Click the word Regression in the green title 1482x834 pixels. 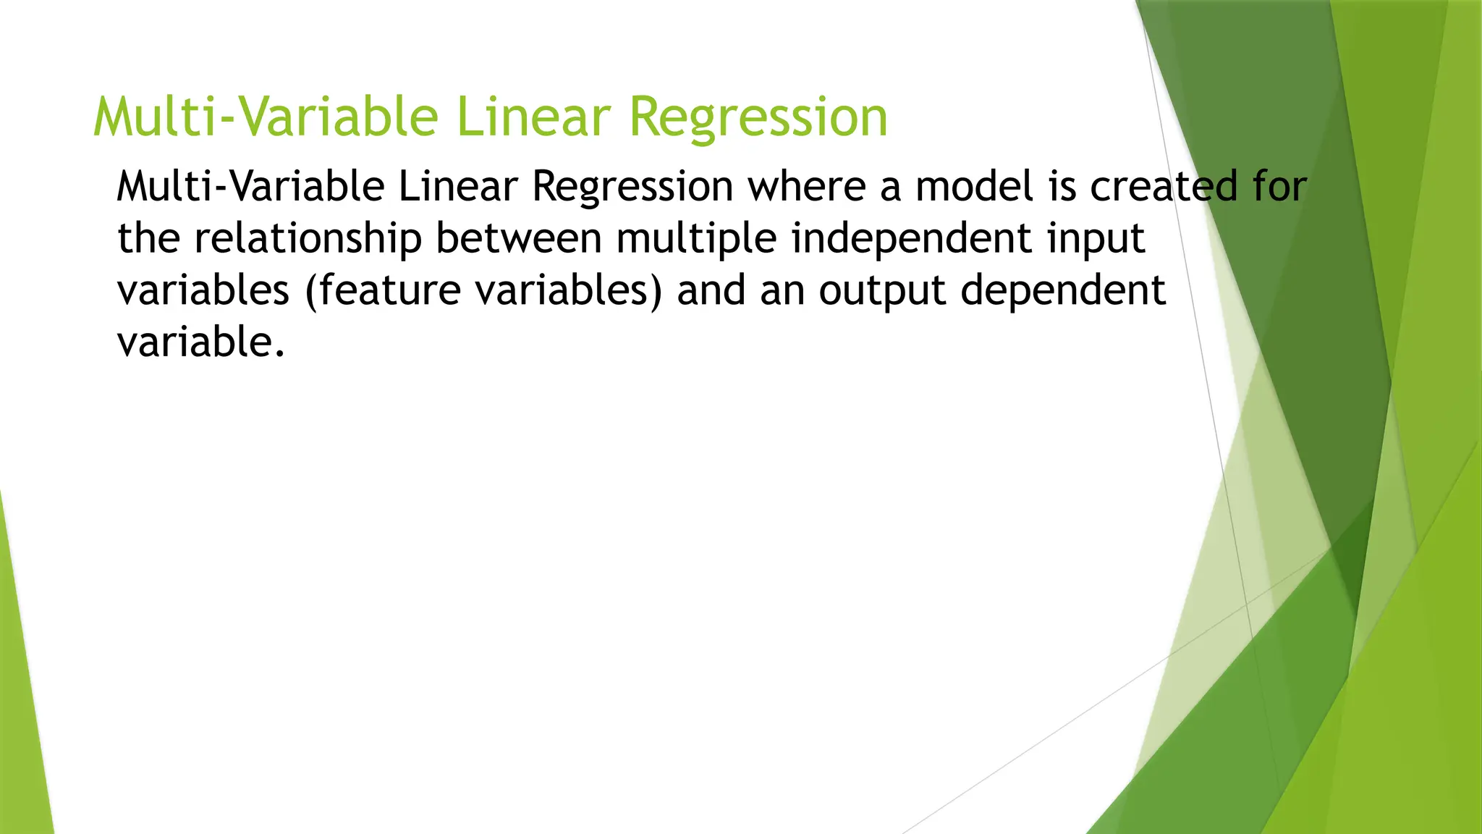click(758, 117)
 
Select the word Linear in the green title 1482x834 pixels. click(534, 117)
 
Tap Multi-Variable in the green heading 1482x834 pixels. click(266, 117)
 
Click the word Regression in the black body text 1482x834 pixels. click(632, 187)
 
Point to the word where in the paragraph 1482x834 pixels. click(806, 187)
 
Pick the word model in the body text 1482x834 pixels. click(975, 187)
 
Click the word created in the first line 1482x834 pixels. click(1164, 187)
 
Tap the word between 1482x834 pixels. click(518, 239)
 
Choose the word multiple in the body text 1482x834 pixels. click(696, 239)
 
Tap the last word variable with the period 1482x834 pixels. click(200, 342)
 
